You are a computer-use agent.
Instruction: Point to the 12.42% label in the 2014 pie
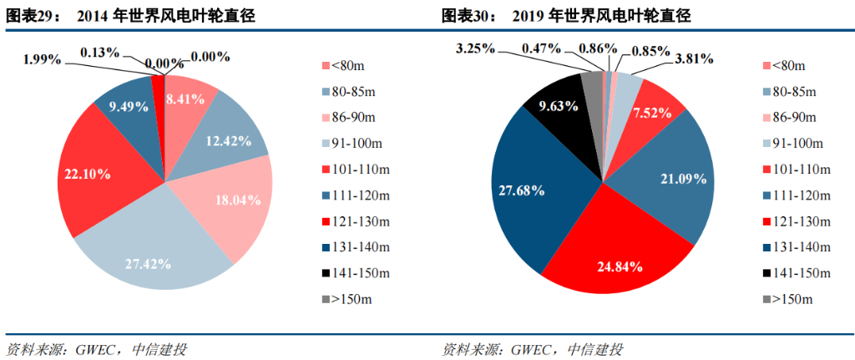[227, 141]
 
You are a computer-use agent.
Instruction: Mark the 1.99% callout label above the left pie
[42, 58]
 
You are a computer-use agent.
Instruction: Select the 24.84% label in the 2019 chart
[620, 267]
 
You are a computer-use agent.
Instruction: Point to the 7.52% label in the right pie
[652, 112]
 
